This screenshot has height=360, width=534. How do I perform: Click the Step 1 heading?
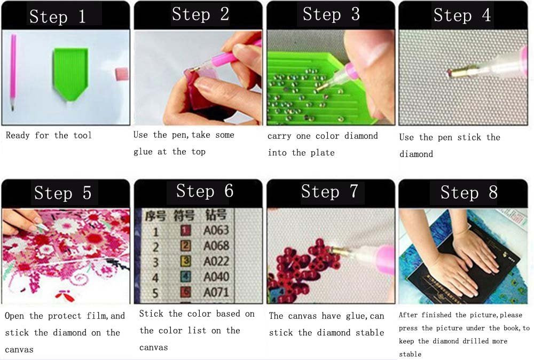[57, 17]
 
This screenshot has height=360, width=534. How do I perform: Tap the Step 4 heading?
[462, 15]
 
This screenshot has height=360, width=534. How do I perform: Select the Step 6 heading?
[205, 191]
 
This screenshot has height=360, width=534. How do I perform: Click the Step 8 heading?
[469, 192]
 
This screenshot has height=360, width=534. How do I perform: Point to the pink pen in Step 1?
[13, 72]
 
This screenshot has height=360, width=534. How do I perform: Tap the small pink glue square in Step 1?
[122, 73]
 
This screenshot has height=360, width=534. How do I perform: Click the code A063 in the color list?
[216, 231]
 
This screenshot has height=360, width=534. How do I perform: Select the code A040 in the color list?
[216, 277]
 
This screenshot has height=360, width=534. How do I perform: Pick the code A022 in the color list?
[216, 262]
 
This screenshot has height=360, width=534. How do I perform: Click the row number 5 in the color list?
[156, 293]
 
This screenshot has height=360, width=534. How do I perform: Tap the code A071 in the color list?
[216, 293]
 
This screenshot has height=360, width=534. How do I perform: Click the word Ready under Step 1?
[18, 136]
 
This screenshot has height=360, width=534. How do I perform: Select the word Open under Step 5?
[14, 316]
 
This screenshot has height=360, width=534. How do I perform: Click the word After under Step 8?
[410, 315]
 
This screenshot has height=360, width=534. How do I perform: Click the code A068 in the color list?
[216, 246]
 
